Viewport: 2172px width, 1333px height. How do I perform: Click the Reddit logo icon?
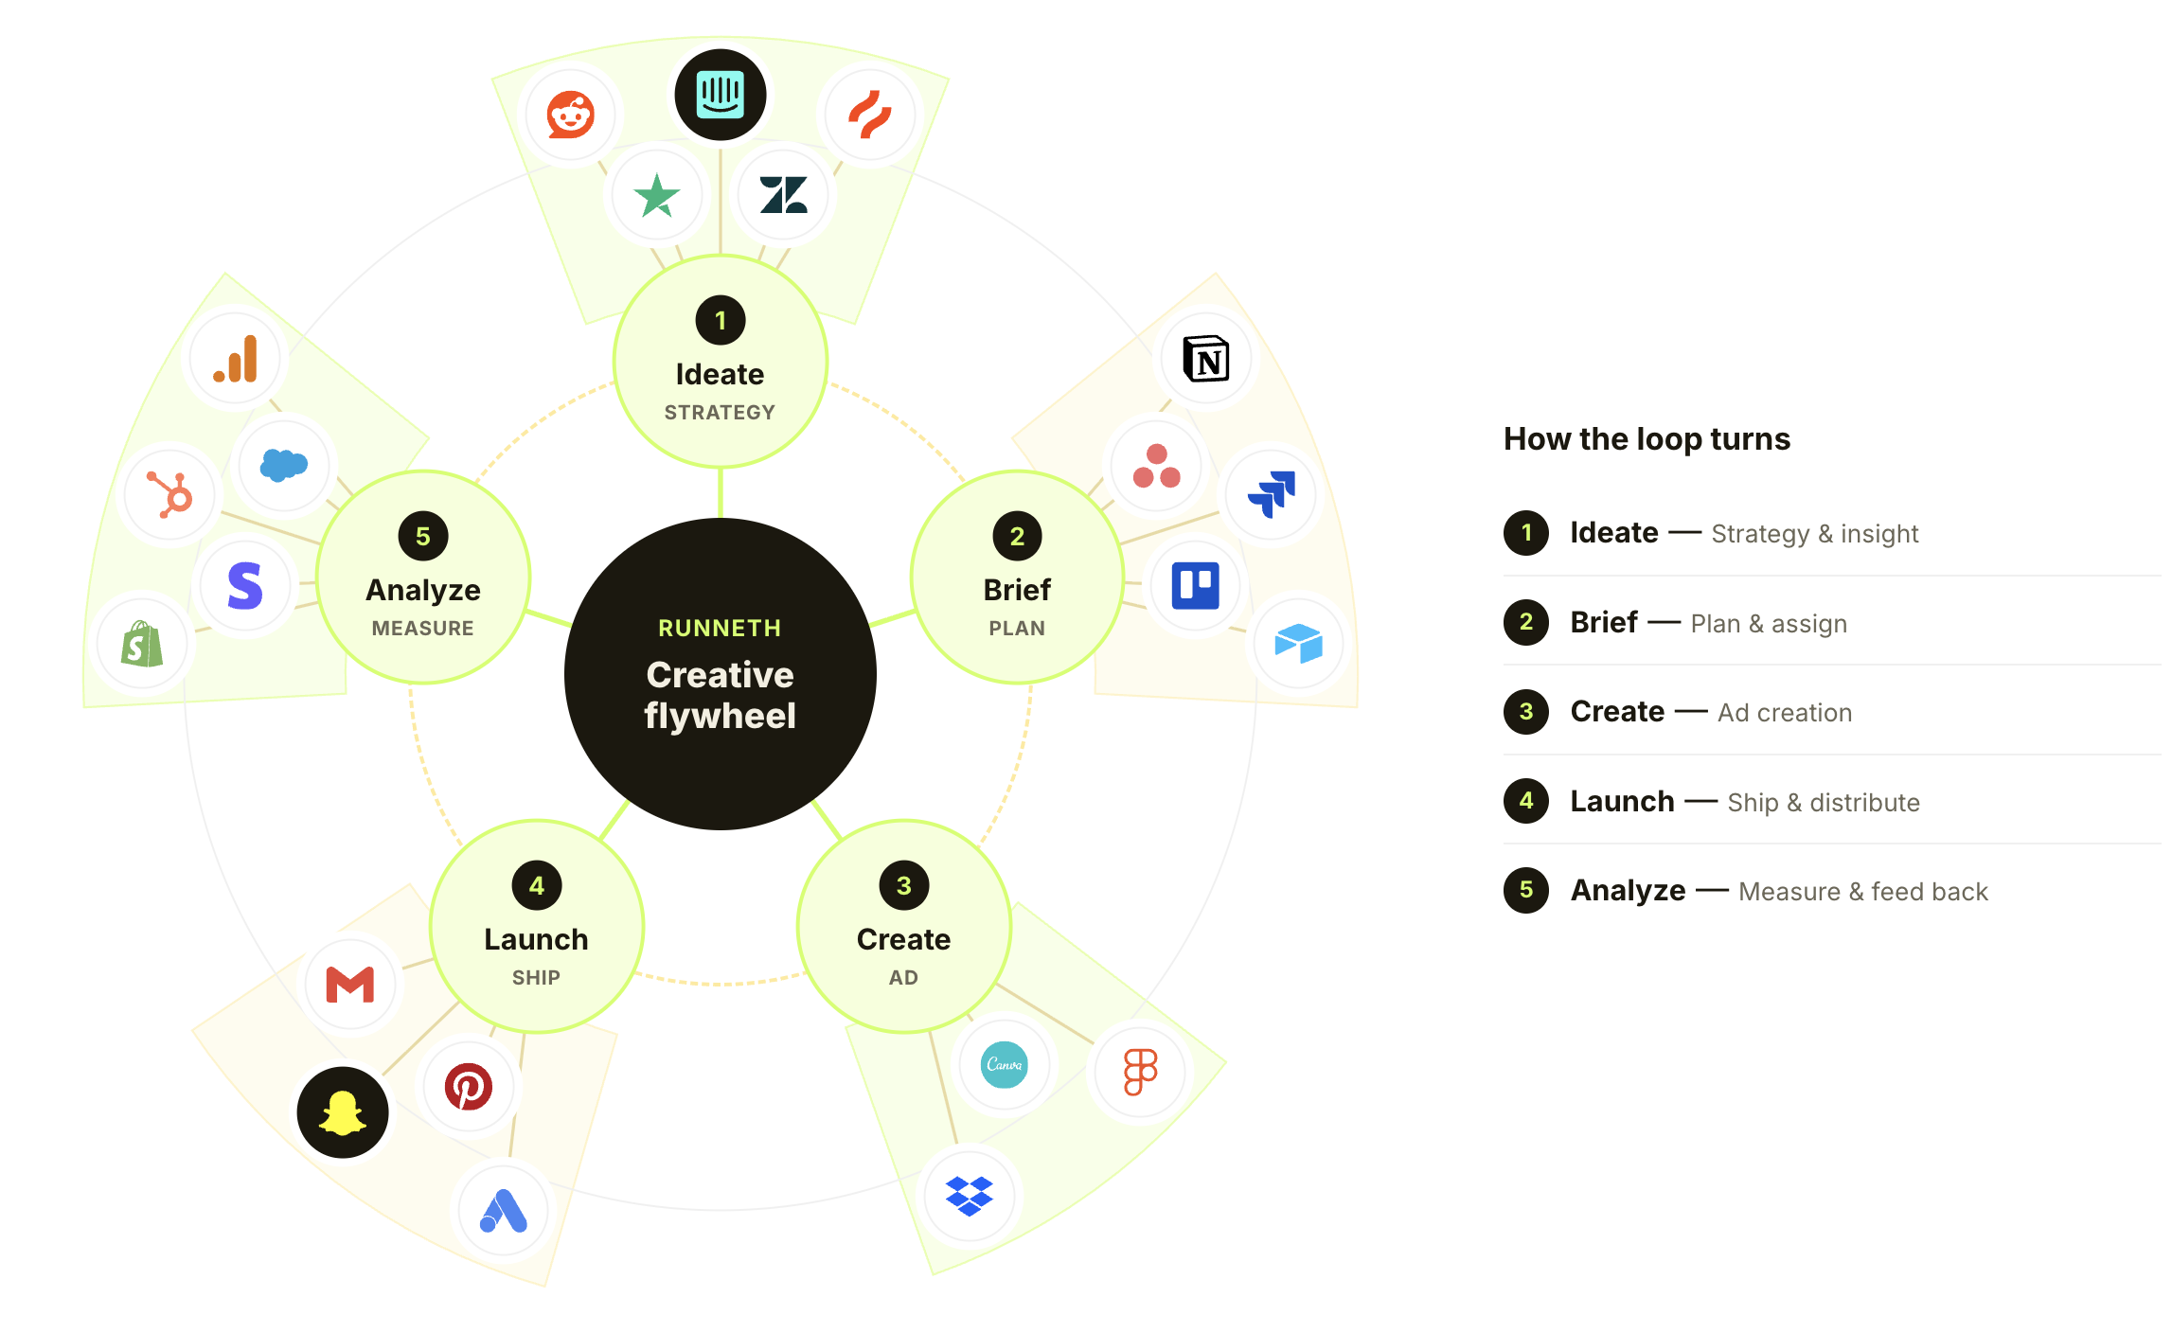click(x=570, y=116)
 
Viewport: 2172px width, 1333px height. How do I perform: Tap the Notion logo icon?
click(x=1206, y=359)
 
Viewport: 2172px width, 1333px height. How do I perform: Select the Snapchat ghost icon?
click(x=343, y=1112)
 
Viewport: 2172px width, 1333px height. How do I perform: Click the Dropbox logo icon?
click(x=970, y=1197)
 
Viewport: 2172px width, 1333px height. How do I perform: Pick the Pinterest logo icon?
click(x=469, y=1087)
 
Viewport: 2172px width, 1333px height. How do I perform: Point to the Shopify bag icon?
click(x=142, y=644)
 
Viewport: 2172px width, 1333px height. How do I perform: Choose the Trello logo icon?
click(x=1196, y=586)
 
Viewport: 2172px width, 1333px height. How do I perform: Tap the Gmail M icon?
click(x=350, y=985)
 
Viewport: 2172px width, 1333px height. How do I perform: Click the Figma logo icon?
click(x=1140, y=1072)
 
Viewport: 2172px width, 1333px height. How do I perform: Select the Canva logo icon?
click(x=1005, y=1065)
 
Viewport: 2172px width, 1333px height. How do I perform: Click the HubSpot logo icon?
click(x=170, y=493)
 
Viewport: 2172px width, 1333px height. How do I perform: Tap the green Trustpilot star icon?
click(x=657, y=196)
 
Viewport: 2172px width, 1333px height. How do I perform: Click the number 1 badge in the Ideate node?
click(x=721, y=321)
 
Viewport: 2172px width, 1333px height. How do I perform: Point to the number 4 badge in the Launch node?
click(x=537, y=886)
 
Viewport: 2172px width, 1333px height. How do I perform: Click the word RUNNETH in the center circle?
click(x=721, y=629)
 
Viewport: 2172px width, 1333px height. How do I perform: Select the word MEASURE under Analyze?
click(x=423, y=629)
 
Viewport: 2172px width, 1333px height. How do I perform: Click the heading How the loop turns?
click(x=1647, y=439)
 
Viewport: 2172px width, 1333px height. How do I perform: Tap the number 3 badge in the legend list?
click(x=1526, y=712)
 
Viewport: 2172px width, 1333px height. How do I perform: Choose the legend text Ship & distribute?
click(x=1824, y=803)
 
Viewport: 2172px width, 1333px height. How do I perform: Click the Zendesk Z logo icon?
click(x=784, y=196)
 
